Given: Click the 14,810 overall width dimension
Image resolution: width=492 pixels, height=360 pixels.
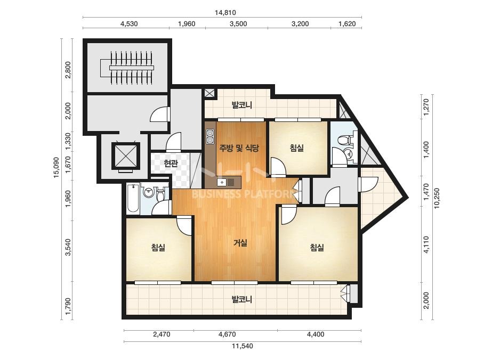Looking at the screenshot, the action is [225, 13].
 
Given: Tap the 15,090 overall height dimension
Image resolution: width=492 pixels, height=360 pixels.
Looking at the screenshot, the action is [56, 167].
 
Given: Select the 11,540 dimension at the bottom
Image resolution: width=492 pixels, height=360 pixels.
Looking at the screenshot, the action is [242, 346].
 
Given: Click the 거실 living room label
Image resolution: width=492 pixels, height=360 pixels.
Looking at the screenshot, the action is [240, 243].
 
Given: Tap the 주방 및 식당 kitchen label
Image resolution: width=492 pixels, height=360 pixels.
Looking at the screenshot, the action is [239, 148].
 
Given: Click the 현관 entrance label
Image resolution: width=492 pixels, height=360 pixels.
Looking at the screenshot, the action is [171, 163].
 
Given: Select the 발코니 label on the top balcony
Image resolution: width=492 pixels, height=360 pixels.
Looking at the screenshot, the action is [241, 105].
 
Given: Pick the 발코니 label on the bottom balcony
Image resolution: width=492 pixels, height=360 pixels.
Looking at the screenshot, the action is [241, 299].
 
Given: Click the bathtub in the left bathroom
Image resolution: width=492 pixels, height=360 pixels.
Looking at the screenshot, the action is [133, 199].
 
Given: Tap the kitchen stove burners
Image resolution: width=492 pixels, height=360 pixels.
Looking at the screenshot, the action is [210, 136].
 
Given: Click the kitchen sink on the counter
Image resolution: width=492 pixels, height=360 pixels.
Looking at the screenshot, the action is [222, 182].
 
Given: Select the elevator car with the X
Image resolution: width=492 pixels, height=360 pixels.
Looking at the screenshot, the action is [125, 156].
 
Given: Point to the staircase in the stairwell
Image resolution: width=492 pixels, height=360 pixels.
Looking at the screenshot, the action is [127, 68].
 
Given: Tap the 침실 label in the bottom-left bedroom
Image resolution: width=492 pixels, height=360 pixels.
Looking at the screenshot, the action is [158, 248].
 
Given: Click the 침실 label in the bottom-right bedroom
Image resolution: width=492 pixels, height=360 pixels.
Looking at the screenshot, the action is [317, 248].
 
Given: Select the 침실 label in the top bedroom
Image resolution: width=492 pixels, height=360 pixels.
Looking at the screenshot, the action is [297, 148].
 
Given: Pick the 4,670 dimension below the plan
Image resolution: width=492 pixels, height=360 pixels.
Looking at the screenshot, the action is [227, 334].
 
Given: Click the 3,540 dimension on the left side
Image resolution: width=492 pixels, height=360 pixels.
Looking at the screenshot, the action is [68, 248].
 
